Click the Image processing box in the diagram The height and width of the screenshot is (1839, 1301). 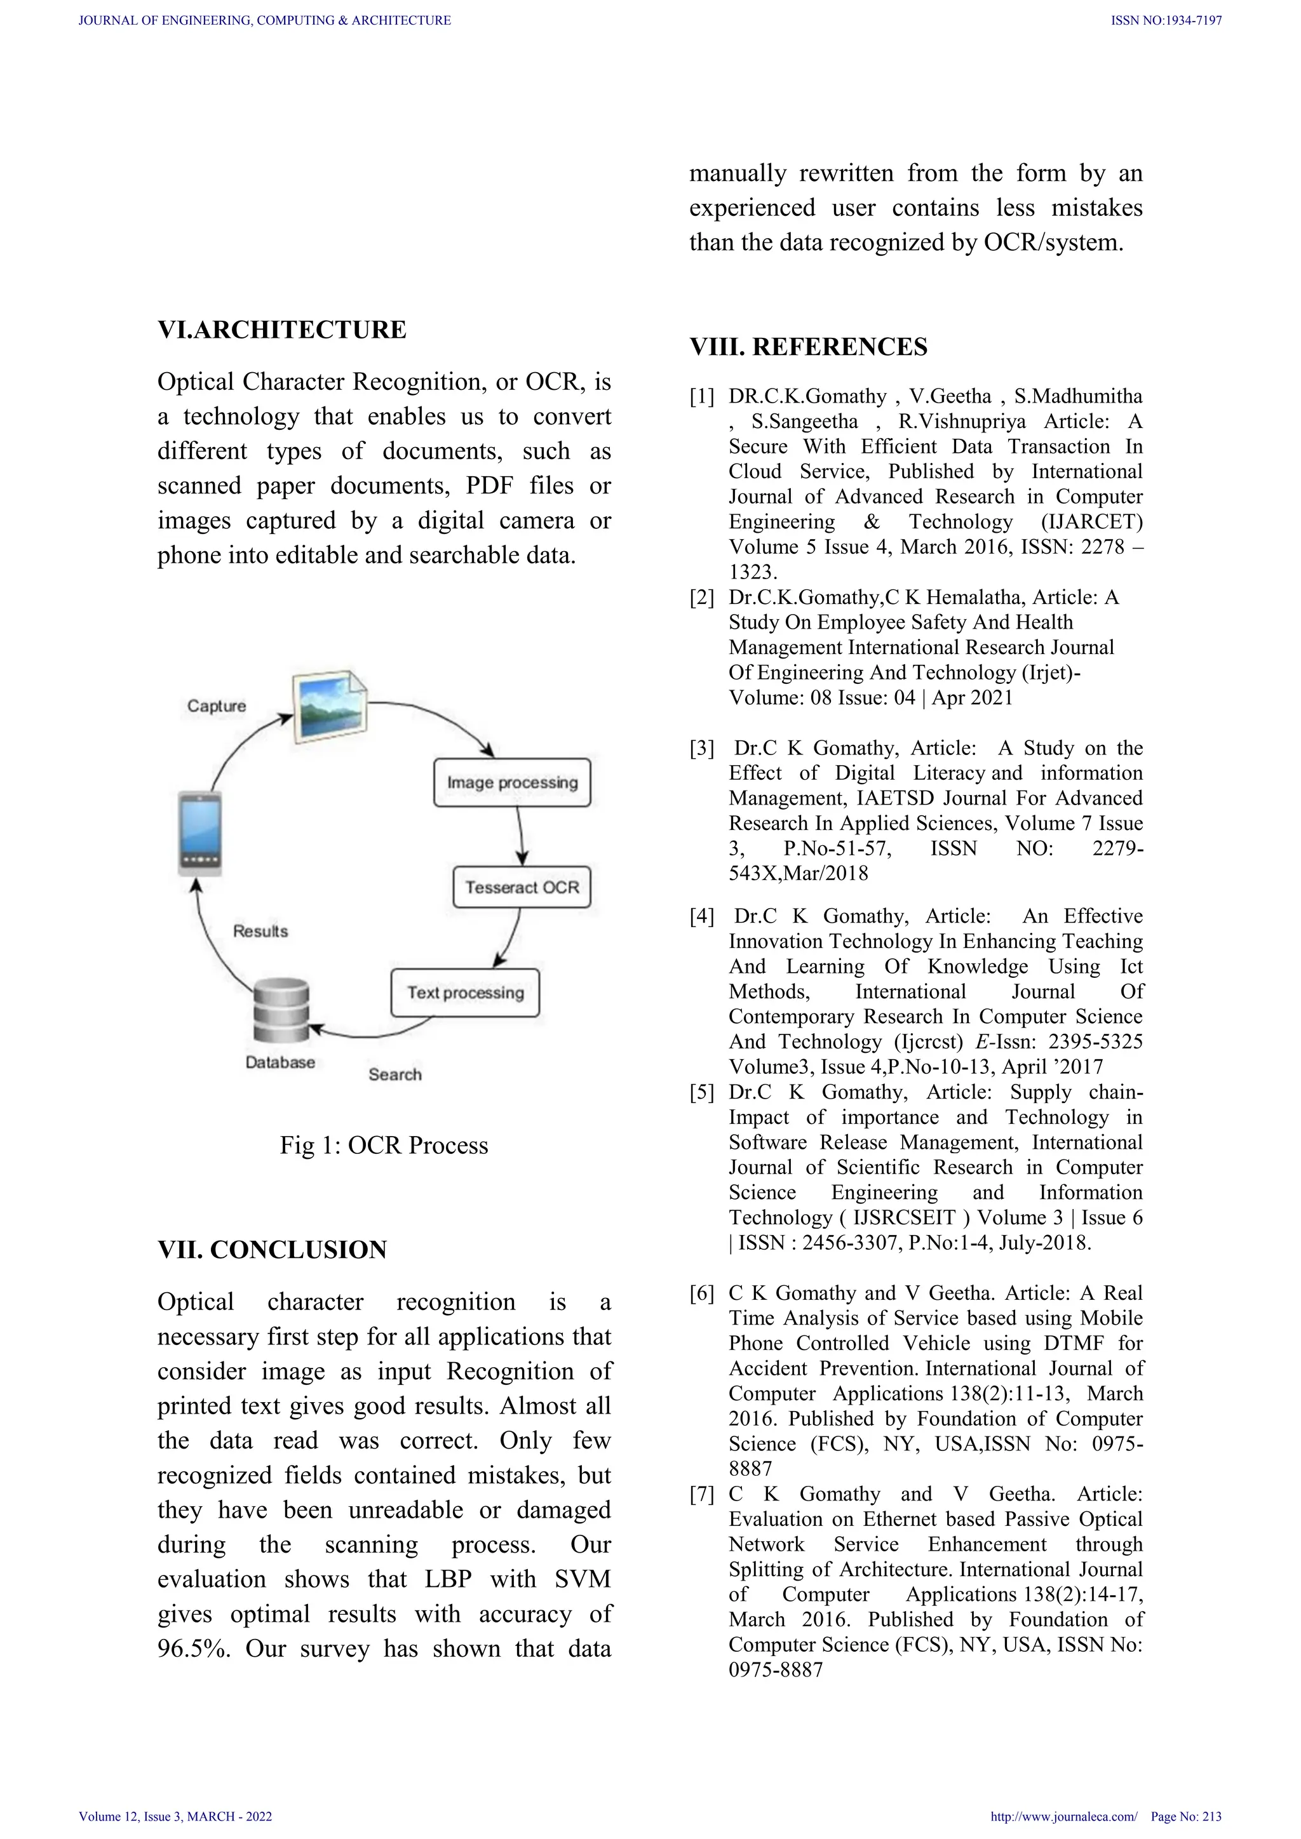point(512,782)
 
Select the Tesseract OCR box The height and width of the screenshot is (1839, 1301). point(522,888)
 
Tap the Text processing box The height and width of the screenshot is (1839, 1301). point(464,993)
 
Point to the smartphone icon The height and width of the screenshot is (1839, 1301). point(199,834)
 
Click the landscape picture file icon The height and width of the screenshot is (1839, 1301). point(329,705)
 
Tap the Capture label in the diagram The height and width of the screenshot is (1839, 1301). point(216,706)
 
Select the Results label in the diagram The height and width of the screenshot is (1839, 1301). point(260,931)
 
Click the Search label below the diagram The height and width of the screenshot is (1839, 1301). point(395,1074)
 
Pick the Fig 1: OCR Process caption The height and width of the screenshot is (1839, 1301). point(384,1146)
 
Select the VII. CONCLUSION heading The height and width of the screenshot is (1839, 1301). point(273,1250)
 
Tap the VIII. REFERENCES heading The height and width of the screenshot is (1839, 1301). point(808,347)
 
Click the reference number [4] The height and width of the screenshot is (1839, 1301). point(702,916)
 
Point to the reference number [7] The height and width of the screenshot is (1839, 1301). point(702,1494)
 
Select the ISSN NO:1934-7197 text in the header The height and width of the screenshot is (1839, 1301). point(1166,21)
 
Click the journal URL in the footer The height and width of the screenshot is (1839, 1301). point(1063,1817)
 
